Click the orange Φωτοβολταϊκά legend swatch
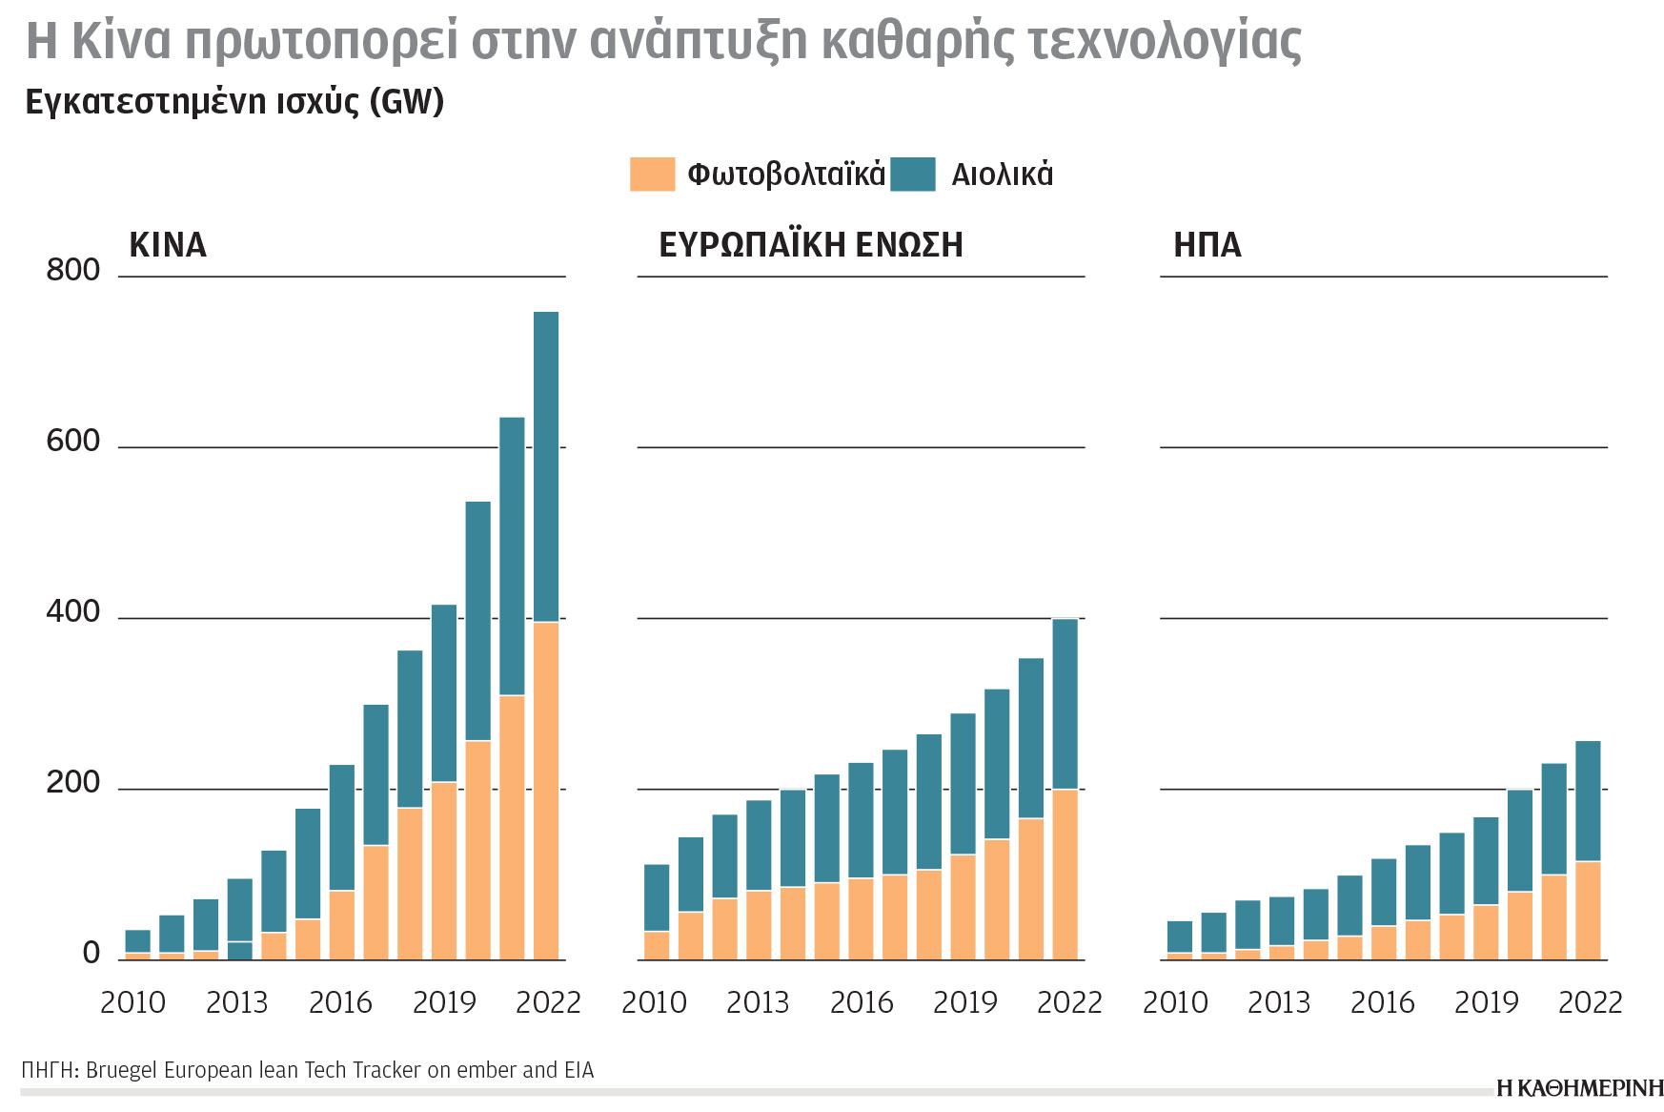(652, 175)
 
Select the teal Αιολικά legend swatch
(912, 175)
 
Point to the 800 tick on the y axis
(72, 270)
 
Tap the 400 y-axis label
(72, 611)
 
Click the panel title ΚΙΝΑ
(168, 245)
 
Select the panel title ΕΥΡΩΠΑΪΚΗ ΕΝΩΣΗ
(810, 245)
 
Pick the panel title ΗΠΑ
(1207, 245)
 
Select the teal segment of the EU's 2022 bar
(1065, 704)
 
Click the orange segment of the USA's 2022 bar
(1588, 910)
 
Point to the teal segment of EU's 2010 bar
(657, 896)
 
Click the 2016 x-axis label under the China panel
(340, 1002)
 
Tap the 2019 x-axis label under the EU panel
(964, 1002)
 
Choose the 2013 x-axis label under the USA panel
(1278, 1002)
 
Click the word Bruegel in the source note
(121, 1070)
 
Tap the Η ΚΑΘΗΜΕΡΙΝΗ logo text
(1579, 1088)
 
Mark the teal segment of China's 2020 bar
(478, 620)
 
